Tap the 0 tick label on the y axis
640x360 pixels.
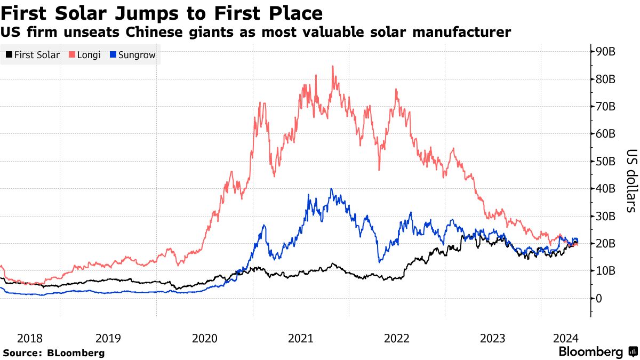point(599,298)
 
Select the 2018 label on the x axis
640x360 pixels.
point(30,338)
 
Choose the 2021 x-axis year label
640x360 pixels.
point(300,338)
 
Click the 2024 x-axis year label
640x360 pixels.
point(566,338)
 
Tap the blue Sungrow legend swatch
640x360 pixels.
point(113,55)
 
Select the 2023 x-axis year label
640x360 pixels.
point(492,338)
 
